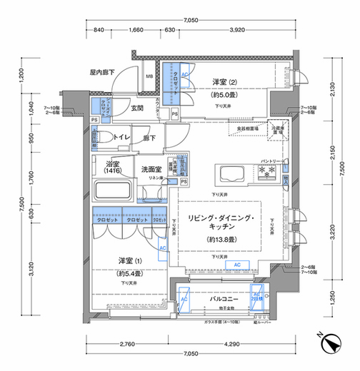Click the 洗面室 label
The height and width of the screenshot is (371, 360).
click(151, 170)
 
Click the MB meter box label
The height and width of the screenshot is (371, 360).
click(150, 77)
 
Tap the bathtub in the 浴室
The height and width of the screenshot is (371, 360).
click(114, 190)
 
